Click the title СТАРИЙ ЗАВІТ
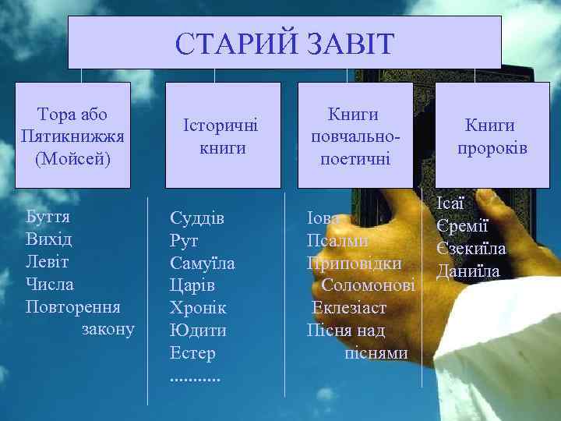coord(284,44)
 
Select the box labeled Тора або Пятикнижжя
coord(73,136)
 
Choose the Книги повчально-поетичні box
coord(355,136)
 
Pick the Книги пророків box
coord(490,136)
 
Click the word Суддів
coord(197,218)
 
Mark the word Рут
coord(184,241)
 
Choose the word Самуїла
coord(203,264)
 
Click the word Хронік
coord(198,308)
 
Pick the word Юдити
coord(198,331)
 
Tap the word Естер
coord(192,353)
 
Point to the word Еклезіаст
coord(350,308)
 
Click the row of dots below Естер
coord(195,376)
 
